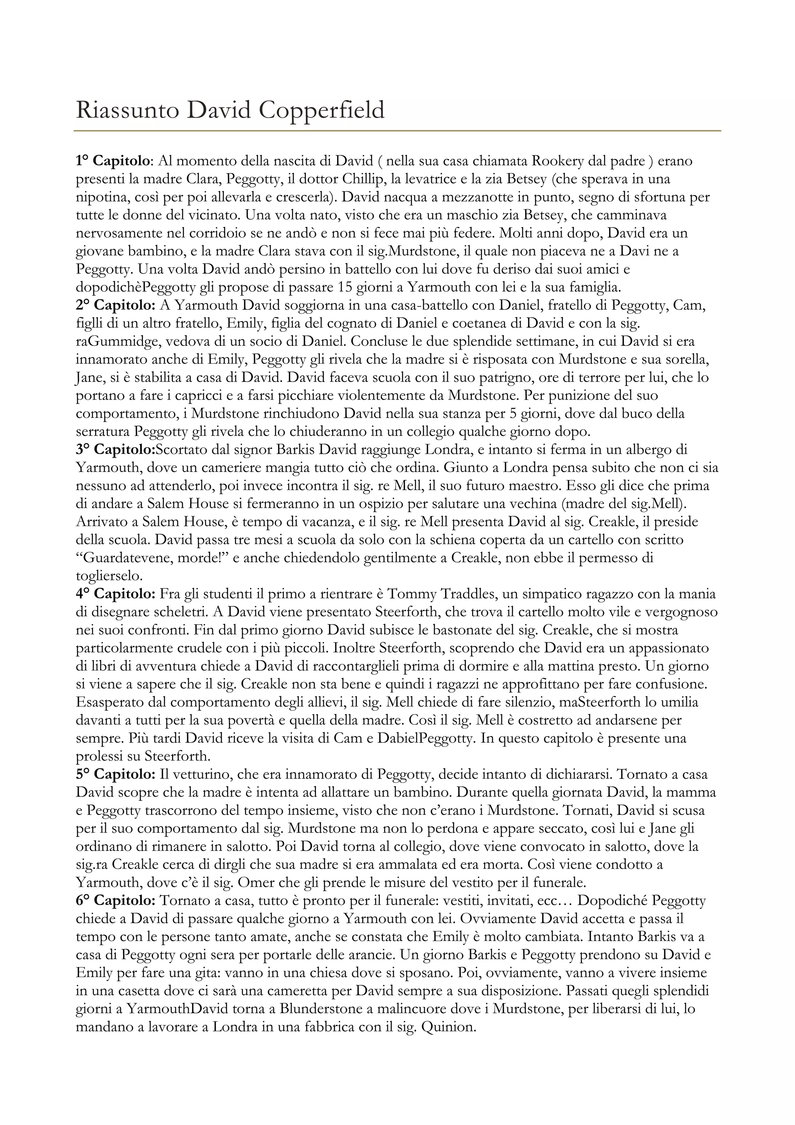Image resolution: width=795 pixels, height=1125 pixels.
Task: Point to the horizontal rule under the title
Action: pos(397,131)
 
